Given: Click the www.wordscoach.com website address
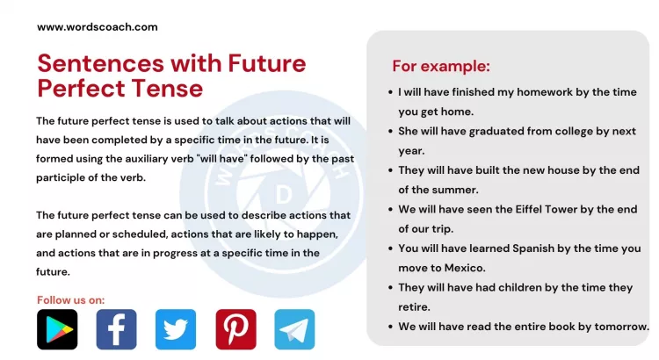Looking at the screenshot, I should pos(97,27).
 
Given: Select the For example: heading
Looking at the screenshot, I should pos(440,66).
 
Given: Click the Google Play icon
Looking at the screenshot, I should pos(57,329).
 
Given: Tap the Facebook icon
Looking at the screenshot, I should pos(116,329).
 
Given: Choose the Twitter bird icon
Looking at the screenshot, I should pos(176,329).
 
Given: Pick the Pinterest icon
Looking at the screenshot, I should pos(235,329).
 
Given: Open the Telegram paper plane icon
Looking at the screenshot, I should pos(294,329).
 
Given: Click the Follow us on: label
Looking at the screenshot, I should pos(71,300).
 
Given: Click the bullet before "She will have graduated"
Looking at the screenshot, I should pos(389,131).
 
